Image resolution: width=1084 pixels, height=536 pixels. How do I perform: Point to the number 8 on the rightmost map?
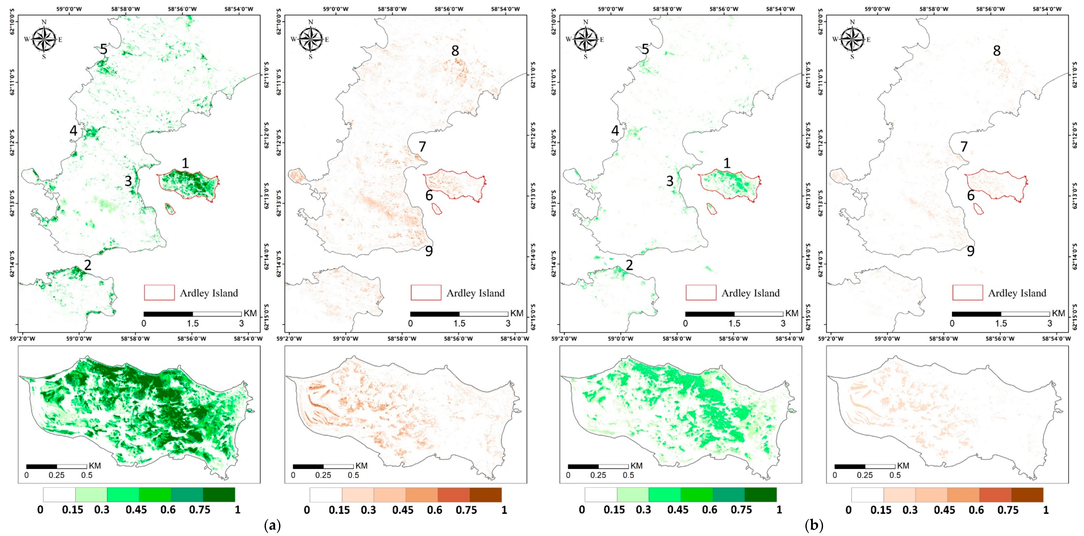point(996,51)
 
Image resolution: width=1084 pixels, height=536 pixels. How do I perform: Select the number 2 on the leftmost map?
point(88,265)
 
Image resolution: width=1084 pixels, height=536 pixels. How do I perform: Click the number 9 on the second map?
point(429,251)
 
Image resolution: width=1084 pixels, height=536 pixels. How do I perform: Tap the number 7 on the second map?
point(422,146)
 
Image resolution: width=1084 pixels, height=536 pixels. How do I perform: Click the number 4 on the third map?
point(615,131)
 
